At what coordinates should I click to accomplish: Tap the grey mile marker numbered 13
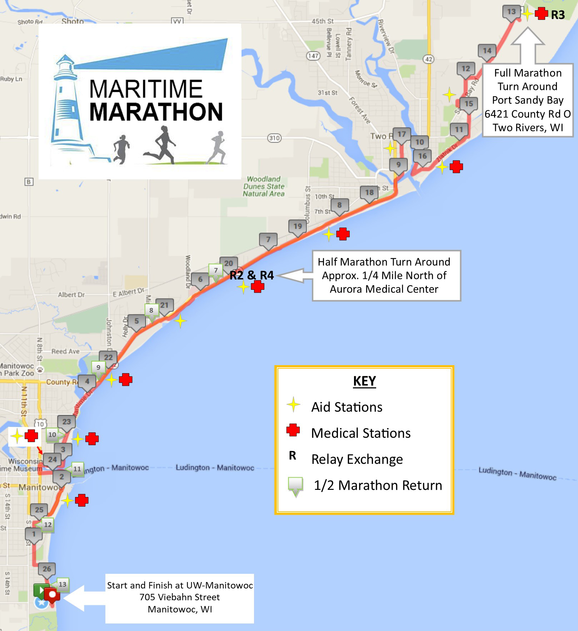pyautogui.click(x=511, y=12)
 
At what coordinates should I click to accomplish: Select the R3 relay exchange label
pyautogui.click(x=558, y=15)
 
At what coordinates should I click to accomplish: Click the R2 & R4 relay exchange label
pyautogui.click(x=251, y=275)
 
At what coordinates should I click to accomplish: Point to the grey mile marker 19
pyautogui.click(x=297, y=226)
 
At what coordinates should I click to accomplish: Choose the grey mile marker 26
pyautogui.click(x=47, y=569)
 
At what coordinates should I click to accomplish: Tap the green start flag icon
pyautogui.click(x=39, y=590)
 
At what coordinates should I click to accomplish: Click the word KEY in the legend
pyautogui.click(x=364, y=381)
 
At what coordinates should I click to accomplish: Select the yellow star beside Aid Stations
pyautogui.click(x=293, y=404)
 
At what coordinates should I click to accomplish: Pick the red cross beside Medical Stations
pyautogui.click(x=293, y=430)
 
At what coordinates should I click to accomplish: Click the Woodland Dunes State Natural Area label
pyautogui.click(x=264, y=186)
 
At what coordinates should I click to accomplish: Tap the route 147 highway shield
pyautogui.click(x=313, y=56)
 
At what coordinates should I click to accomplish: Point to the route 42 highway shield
pyautogui.click(x=429, y=59)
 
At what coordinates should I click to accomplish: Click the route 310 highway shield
pyautogui.click(x=274, y=138)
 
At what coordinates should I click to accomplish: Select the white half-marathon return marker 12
pyautogui.click(x=48, y=525)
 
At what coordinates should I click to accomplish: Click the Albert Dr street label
pyautogui.click(x=71, y=295)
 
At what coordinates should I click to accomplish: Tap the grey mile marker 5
pyautogui.click(x=136, y=321)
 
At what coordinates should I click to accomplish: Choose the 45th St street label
pyautogui.click(x=323, y=21)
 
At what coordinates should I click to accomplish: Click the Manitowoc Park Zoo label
pyautogui.click(x=18, y=369)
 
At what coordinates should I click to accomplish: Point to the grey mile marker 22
pyautogui.click(x=108, y=357)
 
